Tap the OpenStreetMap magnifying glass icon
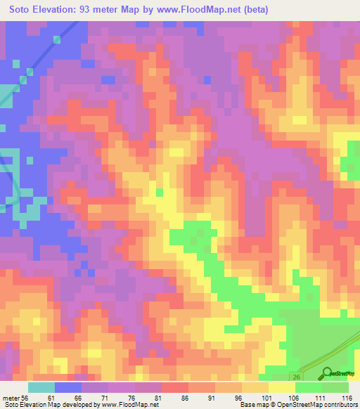tap(326, 373)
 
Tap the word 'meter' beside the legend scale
tap(10, 397)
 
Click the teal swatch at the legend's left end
tap(41, 387)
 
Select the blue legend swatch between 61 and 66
tap(68, 387)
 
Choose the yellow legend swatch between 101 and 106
tap(281, 387)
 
